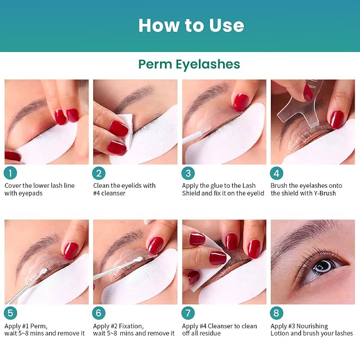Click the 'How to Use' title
point(191,25)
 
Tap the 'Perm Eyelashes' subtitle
point(189,64)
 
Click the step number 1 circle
point(10,173)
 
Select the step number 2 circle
point(99,173)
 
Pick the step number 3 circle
point(188,173)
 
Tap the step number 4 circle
point(276,173)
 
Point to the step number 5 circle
point(10,313)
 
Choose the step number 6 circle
point(99,313)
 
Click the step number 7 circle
point(188,313)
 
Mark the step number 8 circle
point(276,313)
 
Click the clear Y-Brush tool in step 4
point(298,108)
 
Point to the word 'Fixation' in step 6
point(131,326)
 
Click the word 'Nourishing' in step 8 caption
point(312,326)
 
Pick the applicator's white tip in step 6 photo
point(139,259)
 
